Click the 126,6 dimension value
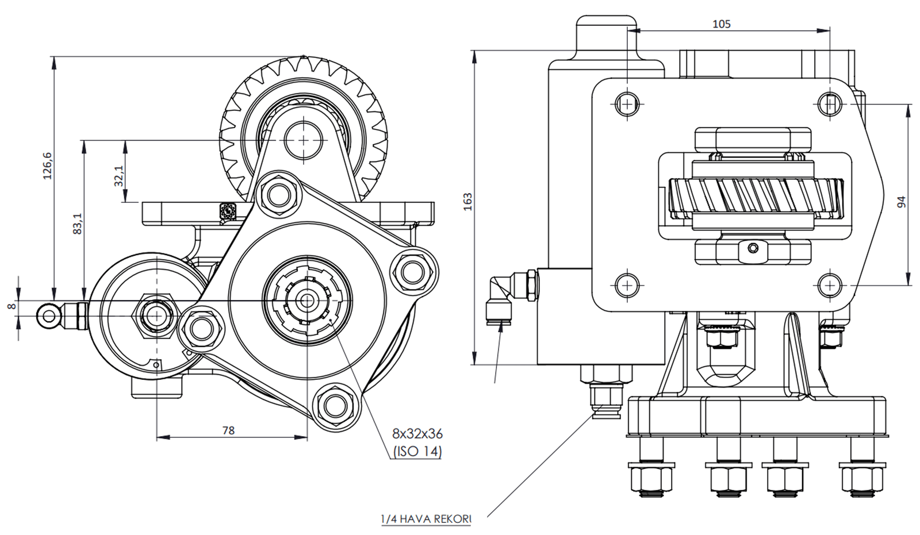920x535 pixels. pos(48,165)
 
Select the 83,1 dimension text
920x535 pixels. pos(78,224)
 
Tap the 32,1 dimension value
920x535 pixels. pos(118,176)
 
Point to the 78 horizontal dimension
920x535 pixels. pos(228,430)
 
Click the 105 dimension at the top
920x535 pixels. pos(721,24)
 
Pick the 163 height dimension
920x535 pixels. pos(468,202)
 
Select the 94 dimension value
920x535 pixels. pos(901,202)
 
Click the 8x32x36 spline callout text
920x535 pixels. pos(417,434)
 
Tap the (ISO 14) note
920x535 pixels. pos(417,452)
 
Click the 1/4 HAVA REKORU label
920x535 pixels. pos(426,519)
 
